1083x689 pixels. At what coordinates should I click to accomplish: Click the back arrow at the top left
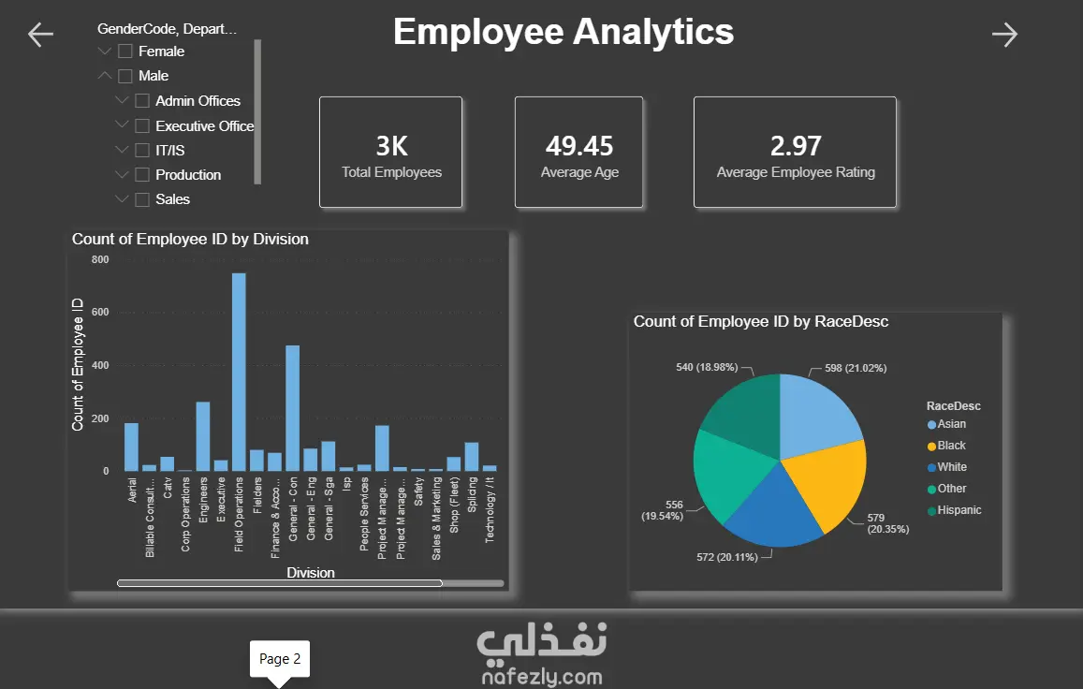tap(40, 35)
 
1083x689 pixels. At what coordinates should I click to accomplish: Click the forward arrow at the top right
tap(1005, 35)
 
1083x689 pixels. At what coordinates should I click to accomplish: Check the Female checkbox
tap(125, 51)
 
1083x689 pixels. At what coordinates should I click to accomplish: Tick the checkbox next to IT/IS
tap(142, 150)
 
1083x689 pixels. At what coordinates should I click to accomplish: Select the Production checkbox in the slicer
tap(142, 175)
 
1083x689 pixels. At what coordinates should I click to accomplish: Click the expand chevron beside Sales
tap(122, 199)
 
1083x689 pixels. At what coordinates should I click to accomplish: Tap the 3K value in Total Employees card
tap(391, 146)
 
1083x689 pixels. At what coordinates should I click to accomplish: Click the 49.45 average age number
tap(579, 146)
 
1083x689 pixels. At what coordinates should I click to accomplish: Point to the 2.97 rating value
tap(796, 146)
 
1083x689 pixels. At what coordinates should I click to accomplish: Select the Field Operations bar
tap(239, 372)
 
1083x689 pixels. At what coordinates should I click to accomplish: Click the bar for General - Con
tap(293, 408)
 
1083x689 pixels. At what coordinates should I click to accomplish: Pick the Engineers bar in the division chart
tap(203, 437)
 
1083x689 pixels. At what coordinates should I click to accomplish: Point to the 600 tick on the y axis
tap(100, 313)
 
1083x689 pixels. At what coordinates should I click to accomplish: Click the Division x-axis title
tap(311, 573)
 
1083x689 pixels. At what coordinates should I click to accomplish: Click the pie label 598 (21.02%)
tap(856, 368)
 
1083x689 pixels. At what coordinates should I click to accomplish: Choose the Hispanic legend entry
tap(954, 510)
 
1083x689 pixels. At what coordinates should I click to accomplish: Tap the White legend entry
tap(947, 467)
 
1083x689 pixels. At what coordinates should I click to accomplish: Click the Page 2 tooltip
tap(280, 659)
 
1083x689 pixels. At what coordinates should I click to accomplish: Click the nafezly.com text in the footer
tap(542, 677)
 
